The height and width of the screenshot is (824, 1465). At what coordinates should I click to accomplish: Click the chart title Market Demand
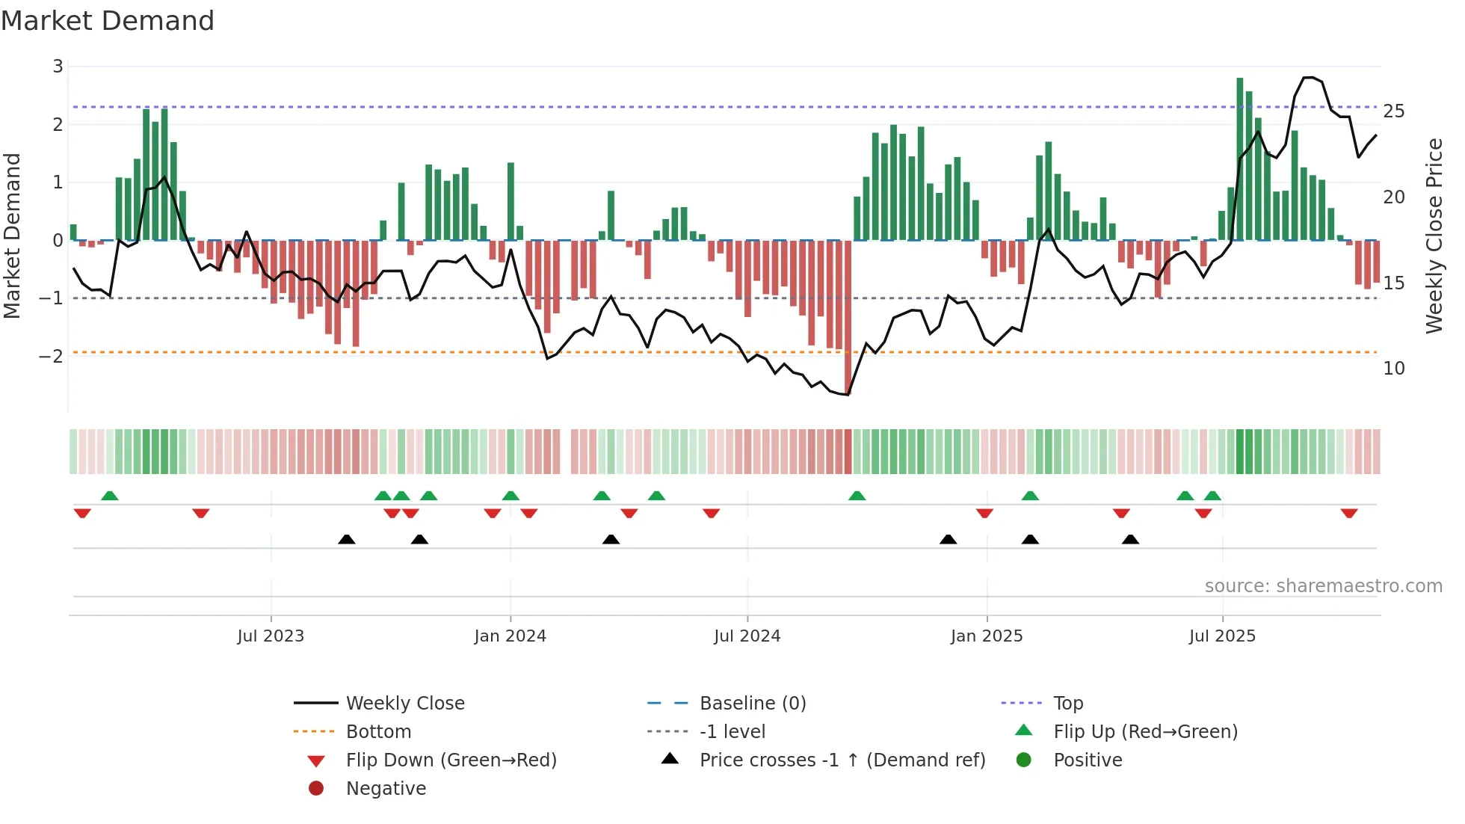(108, 21)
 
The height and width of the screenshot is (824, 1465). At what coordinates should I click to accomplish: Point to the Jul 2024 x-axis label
(747, 636)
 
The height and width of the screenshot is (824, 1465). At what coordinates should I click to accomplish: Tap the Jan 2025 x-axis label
(987, 636)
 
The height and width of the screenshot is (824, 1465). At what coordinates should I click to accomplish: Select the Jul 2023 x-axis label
(271, 636)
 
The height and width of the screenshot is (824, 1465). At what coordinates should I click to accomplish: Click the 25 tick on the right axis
(1394, 111)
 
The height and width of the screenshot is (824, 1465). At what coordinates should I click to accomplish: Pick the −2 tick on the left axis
(52, 356)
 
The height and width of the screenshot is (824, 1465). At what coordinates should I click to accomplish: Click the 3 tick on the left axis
(58, 67)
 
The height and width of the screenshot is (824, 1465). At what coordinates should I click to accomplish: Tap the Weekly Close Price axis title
(1434, 236)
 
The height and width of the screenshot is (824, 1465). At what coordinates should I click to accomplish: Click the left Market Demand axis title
(12, 236)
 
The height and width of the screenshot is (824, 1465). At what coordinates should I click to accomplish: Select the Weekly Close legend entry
(404, 704)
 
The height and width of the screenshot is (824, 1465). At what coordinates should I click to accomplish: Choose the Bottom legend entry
(378, 732)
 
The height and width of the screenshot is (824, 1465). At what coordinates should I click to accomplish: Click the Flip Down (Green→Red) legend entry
(451, 760)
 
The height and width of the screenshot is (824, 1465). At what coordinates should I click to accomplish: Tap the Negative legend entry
(386, 789)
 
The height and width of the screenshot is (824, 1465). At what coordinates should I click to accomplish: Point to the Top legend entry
(1068, 704)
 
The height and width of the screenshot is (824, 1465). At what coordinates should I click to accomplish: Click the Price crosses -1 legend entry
(842, 760)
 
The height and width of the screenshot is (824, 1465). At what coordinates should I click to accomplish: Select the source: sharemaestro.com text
(1323, 586)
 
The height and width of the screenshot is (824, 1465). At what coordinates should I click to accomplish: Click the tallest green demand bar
(1240, 159)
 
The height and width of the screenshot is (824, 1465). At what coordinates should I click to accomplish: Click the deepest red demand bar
(848, 317)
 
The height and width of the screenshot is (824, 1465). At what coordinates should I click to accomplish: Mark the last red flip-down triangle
(1349, 513)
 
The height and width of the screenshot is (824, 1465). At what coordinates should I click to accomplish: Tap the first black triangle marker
(347, 539)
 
